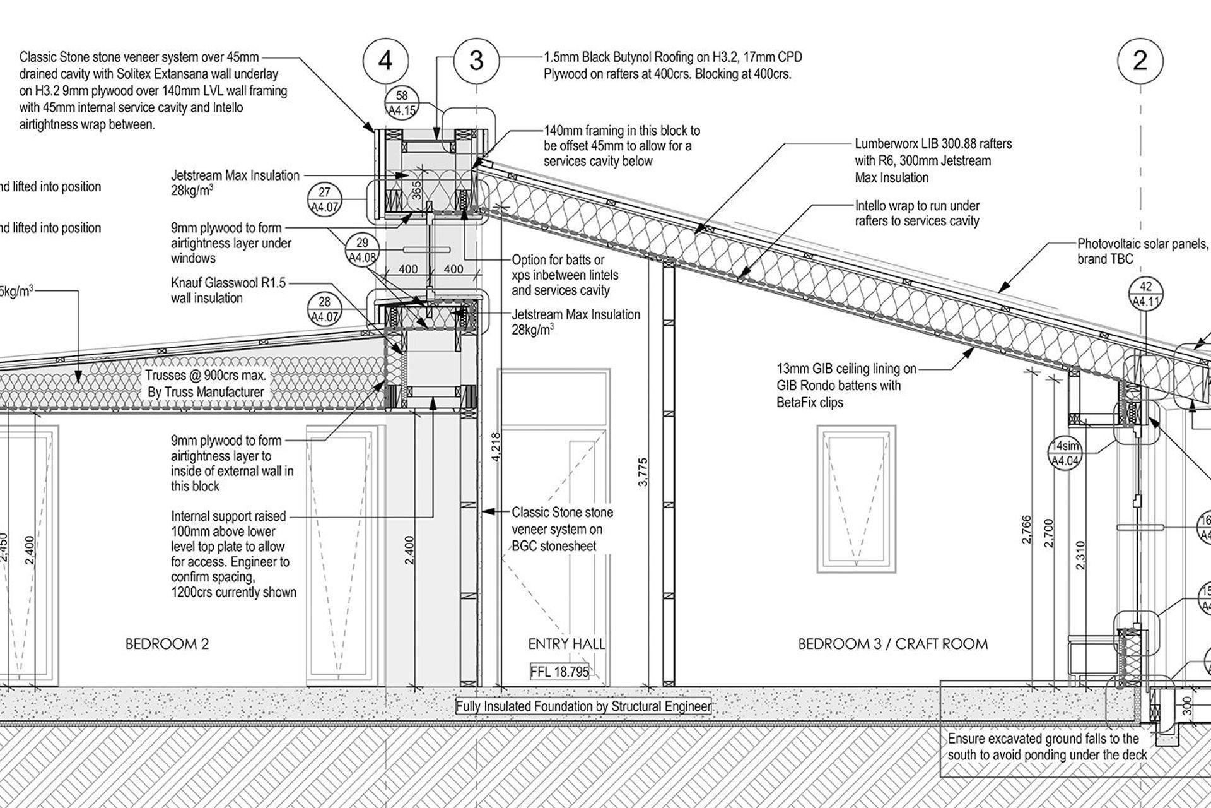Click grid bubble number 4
pos(385,61)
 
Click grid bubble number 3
pos(476,61)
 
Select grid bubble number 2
pos(1140,61)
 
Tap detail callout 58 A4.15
pos(402,104)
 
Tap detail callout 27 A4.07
pos(325,200)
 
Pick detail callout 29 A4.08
pos(362,249)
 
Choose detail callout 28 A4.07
pos(325,310)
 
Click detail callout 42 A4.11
pos(1146,294)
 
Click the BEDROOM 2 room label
pos(167,644)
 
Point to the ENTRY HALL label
pos(566,644)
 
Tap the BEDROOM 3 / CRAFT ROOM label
pos(892,644)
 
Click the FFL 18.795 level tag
pos(559,672)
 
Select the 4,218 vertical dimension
pos(496,447)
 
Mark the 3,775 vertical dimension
pos(643,472)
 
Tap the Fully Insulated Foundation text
pos(583,706)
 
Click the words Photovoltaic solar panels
pos(1142,244)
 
